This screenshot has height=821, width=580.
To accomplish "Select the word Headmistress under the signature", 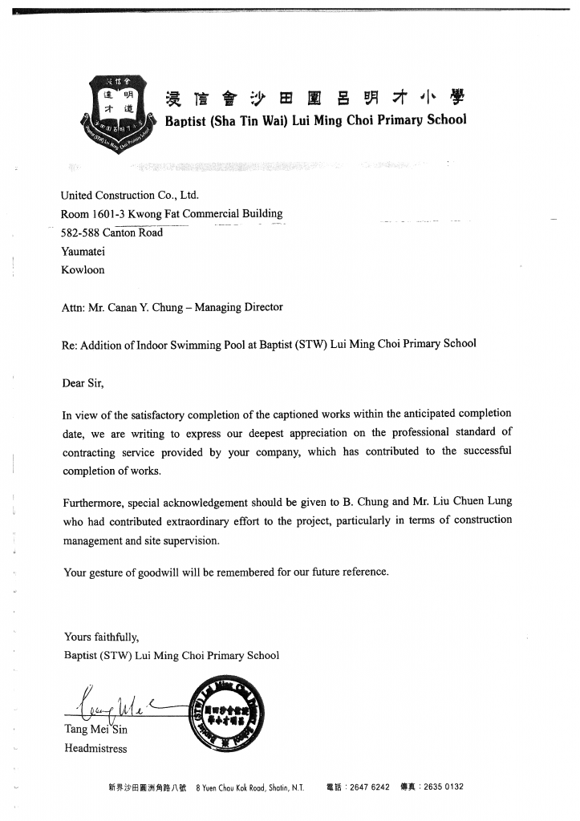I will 95,749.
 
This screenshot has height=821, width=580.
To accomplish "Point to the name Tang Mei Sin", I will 95,730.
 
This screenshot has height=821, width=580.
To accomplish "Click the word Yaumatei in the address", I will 83,251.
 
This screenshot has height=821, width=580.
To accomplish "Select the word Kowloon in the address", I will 83,270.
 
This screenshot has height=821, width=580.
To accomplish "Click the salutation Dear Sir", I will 83,382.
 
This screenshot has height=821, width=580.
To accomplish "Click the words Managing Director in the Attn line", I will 240,307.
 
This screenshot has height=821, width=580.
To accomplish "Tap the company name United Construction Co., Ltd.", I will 129,195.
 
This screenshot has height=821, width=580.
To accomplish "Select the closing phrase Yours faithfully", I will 102,637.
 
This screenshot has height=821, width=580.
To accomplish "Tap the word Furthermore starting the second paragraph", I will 92,502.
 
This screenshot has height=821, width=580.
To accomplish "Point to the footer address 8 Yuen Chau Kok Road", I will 236,787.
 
